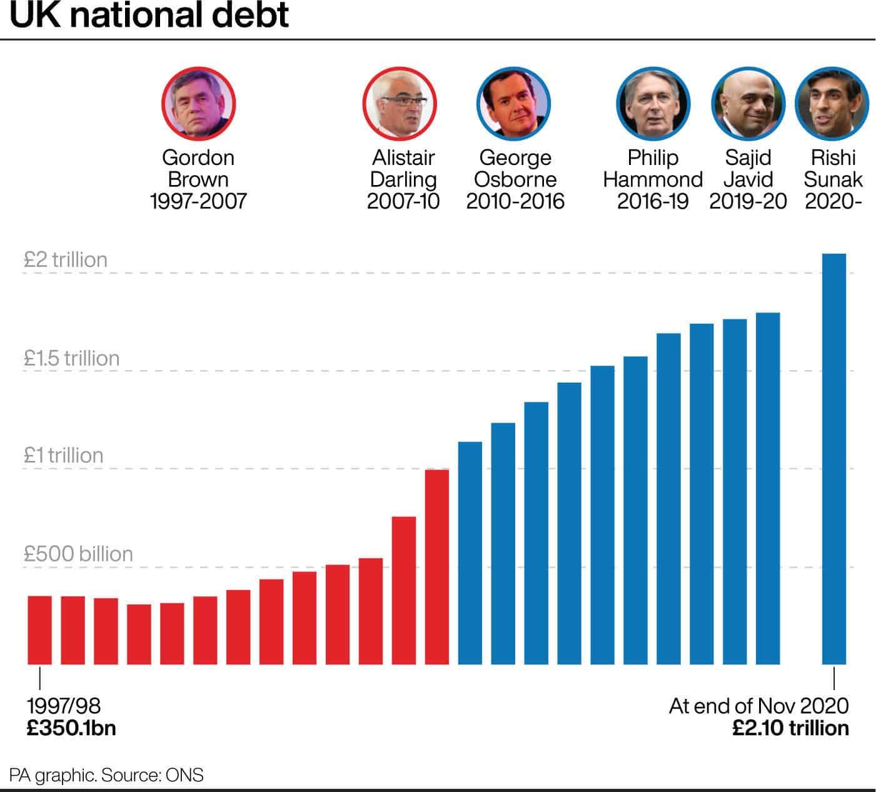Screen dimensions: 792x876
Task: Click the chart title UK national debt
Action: coord(149,16)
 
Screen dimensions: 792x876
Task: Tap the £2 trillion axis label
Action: coord(66,259)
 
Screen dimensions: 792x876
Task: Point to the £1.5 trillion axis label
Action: coord(72,358)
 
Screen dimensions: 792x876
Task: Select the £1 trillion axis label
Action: coord(64,455)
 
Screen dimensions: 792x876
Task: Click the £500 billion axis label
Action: coord(79,554)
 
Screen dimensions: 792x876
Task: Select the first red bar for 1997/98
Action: coord(40,629)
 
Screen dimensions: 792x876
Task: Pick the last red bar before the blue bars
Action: coord(437,566)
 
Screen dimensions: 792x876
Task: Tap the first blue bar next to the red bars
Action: coord(470,553)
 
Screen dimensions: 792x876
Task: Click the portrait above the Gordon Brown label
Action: coord(198,103)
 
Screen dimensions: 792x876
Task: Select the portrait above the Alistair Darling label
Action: coord(400,103)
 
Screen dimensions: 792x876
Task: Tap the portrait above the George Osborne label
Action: coord(513,103)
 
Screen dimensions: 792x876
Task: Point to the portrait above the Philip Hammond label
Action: coord(653,103)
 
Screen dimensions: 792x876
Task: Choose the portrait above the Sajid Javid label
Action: coord(748,103)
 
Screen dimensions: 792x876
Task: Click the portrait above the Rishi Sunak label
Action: coord(832,103)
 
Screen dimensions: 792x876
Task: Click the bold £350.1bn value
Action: coord(71,728)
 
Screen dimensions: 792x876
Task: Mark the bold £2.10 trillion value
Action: coord(790,728)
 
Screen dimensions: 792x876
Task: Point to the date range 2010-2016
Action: coord(515,201)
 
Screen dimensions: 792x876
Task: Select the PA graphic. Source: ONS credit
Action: coord(106,776)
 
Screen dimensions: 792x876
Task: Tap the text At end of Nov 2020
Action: coord(758,706)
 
